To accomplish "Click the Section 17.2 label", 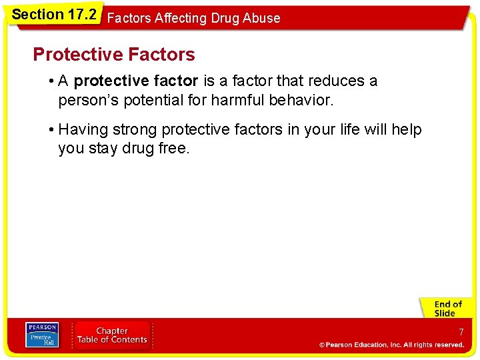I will (54, 14).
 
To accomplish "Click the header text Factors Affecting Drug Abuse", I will (193, 19).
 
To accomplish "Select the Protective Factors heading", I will (114, 54).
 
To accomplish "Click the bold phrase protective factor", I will (136, 81).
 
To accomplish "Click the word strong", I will (135, 129).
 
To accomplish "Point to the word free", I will (174, 149).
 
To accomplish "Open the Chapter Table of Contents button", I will (112, 335).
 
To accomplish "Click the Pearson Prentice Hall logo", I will (41, 335).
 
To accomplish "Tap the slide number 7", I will (461, 332).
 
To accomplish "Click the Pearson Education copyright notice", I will (391, 345).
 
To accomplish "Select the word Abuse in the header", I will (261, 19).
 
